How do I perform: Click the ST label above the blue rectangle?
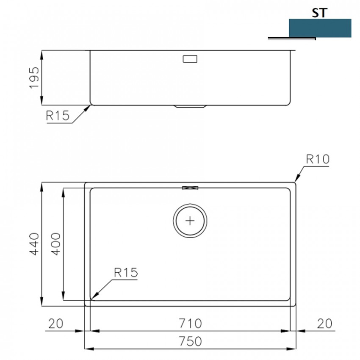319,13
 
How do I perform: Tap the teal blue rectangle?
320,28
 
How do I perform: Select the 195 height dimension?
34,78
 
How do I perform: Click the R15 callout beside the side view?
58,116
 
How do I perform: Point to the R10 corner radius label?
318,159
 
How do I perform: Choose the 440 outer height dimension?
34,244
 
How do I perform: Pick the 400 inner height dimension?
55,244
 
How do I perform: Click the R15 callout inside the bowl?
126,272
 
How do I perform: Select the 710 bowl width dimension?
190,324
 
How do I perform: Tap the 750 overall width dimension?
190,341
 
